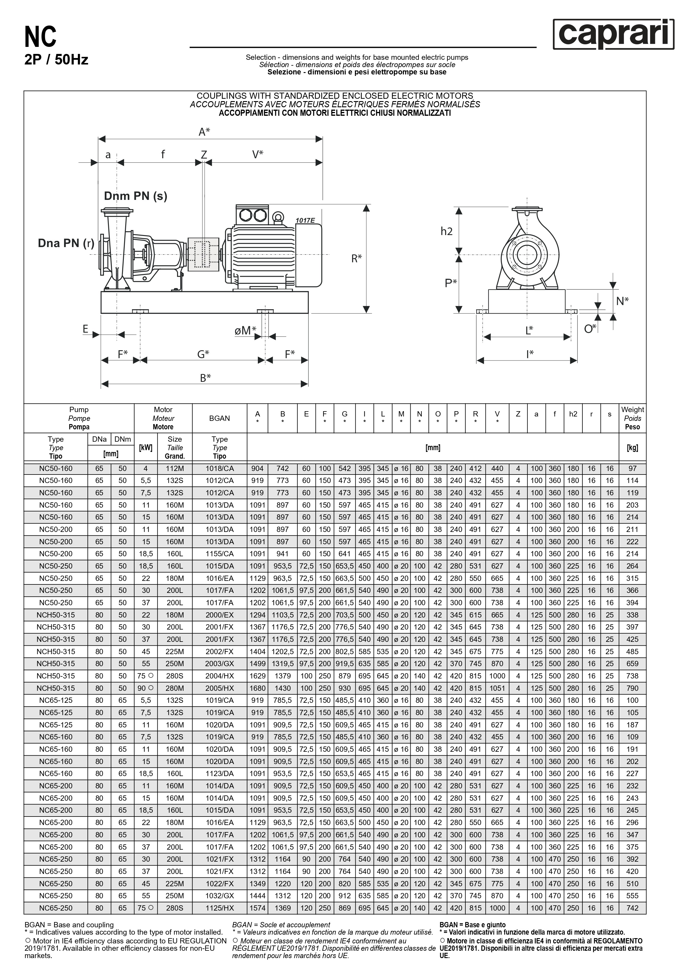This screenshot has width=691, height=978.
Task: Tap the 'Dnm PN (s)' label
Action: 135,196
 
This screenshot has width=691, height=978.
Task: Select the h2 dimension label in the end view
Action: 446,231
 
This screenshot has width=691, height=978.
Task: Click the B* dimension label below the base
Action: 205,378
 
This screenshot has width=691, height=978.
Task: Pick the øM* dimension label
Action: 245,331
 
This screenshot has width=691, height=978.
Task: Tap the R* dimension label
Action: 356,258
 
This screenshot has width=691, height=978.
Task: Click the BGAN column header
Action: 220,418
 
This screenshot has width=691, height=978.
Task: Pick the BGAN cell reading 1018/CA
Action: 220,469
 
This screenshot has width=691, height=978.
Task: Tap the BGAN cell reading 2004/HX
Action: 220,676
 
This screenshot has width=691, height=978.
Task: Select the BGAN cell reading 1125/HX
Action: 220,908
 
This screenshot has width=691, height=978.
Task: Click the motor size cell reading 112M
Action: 174,469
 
